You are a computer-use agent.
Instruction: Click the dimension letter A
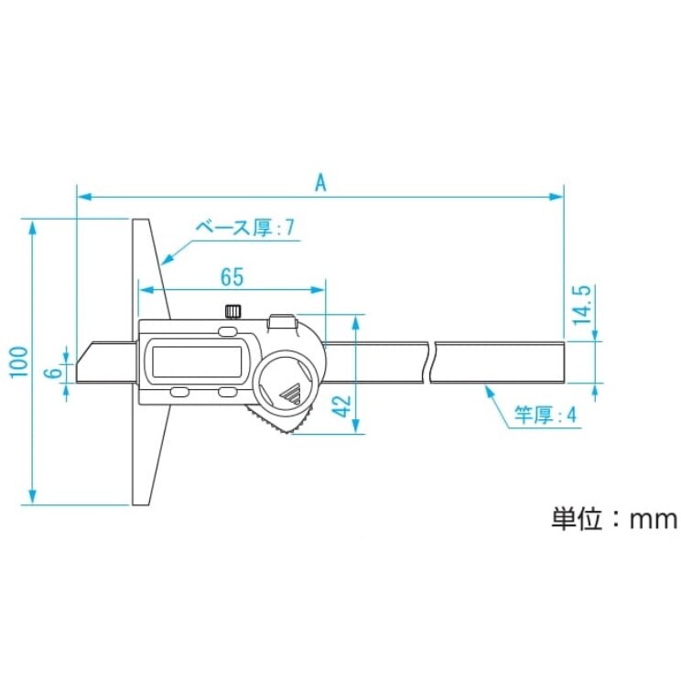320,181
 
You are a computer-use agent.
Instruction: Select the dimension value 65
232,276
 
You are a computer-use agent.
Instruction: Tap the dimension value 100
17,363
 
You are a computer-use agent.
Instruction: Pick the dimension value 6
55,373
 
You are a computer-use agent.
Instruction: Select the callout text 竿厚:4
546,416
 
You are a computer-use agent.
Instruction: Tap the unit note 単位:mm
612,519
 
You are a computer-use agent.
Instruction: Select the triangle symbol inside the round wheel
292,395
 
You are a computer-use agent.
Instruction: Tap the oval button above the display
228,330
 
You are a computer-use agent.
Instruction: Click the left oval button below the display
178,394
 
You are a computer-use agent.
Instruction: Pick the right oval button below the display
228,394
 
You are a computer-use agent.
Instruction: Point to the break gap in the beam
431,361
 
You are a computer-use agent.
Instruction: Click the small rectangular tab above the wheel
282,322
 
